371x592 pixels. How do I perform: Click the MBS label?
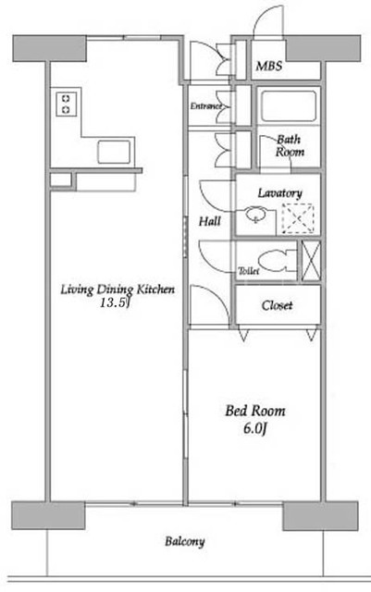269,66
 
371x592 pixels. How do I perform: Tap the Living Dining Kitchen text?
117,290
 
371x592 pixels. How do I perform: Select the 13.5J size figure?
115,302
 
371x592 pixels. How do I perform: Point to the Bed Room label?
255,411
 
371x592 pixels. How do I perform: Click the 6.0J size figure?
255,428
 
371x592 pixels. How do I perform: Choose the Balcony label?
185,542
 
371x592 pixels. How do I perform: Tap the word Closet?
277,305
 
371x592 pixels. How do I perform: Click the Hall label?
210,221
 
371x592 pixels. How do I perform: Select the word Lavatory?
280,193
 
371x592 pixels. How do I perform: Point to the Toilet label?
249,271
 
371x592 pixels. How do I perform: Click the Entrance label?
205,106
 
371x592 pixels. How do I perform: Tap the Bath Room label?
290,146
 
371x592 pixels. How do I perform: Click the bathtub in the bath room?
289,106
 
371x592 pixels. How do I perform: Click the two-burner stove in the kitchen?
66,105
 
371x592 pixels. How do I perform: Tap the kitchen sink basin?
114,152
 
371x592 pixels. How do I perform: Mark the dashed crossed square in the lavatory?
298,218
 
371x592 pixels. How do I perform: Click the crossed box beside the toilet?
311,261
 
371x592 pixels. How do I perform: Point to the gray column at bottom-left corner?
48,516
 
